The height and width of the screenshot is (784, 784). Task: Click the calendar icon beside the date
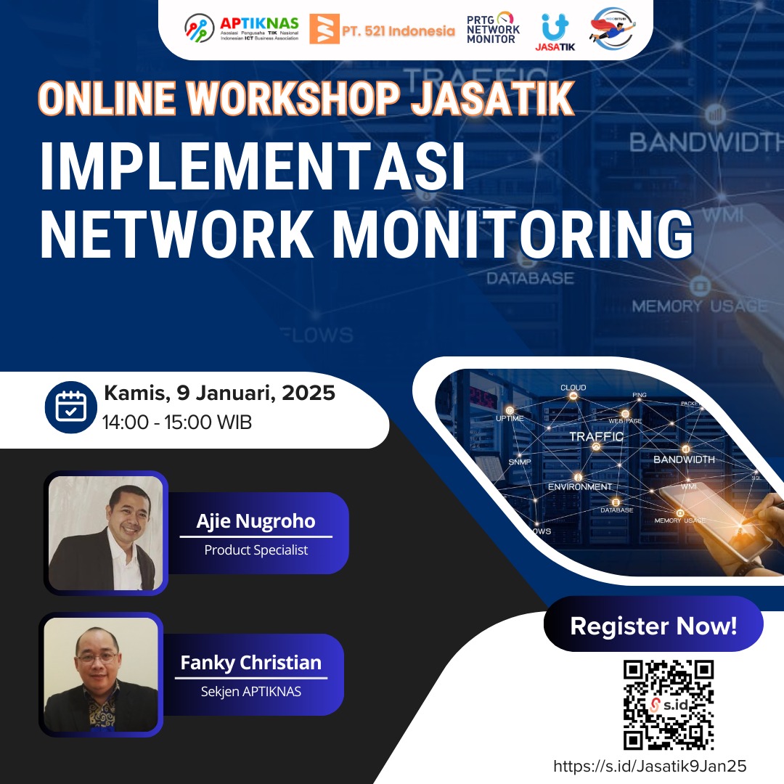(70, 407)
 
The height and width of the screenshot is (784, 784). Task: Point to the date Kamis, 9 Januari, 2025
(219, 393)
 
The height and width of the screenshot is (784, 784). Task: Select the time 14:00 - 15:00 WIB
(177, 422)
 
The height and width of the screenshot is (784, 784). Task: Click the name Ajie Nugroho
(256, 521)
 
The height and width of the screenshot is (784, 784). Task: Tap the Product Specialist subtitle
(256, 550)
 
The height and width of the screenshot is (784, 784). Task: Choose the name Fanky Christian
(250, 663)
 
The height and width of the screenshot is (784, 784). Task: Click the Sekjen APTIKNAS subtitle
(250, 692)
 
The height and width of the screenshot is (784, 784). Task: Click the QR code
(669, 704)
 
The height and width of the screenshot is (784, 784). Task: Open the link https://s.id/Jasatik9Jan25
(650, 767)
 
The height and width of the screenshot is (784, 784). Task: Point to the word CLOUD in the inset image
(573, 388)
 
